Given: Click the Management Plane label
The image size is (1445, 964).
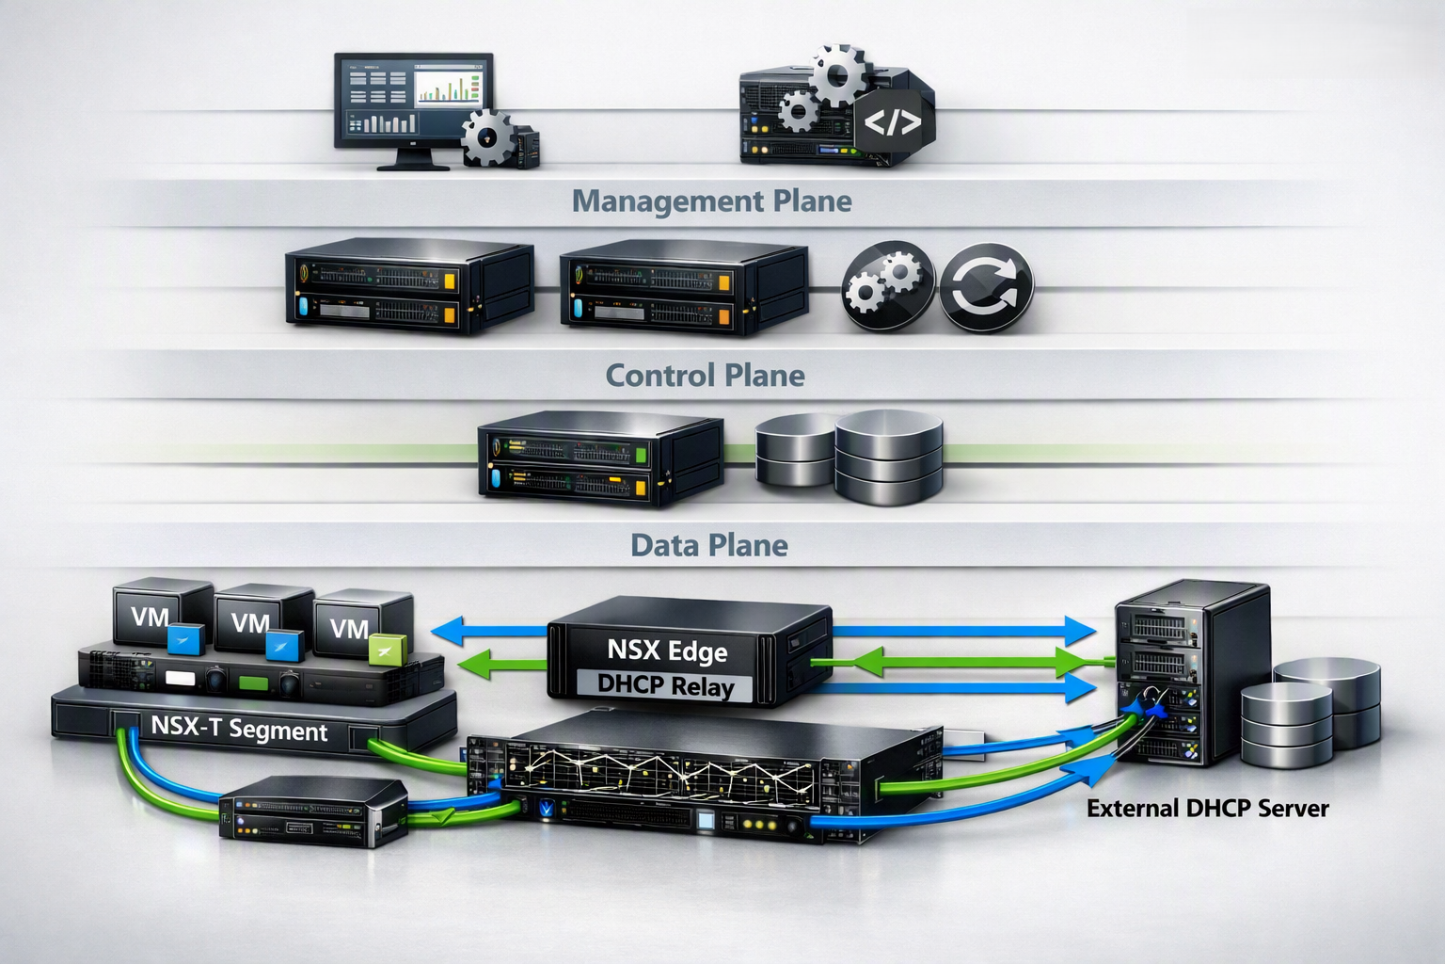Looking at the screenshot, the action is coord(711,201).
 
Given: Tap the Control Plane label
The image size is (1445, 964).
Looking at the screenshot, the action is coord(705,375).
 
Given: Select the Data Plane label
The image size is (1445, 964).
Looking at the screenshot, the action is coord(709,546).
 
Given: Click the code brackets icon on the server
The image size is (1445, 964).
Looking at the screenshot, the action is coord(892,122).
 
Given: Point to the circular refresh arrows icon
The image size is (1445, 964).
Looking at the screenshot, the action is coord(986,287).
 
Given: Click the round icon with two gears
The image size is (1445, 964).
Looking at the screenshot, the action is coord(888,285).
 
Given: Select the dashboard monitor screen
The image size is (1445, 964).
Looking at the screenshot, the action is coord(414,101).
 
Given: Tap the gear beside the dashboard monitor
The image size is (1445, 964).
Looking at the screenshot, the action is coord(487,137).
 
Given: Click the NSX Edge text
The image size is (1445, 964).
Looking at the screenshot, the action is coord(667,651).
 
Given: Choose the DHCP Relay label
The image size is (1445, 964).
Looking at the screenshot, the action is coord(665,685).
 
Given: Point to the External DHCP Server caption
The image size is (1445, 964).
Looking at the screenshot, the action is coord(1208,809).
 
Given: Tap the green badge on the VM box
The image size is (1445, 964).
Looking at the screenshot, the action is coord(387,650).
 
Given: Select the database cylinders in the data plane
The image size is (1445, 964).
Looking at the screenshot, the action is coord(850,457).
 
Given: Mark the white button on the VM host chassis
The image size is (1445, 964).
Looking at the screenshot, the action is coord(180,678).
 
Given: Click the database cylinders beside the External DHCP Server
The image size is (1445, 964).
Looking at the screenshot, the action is coord(1310,713).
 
